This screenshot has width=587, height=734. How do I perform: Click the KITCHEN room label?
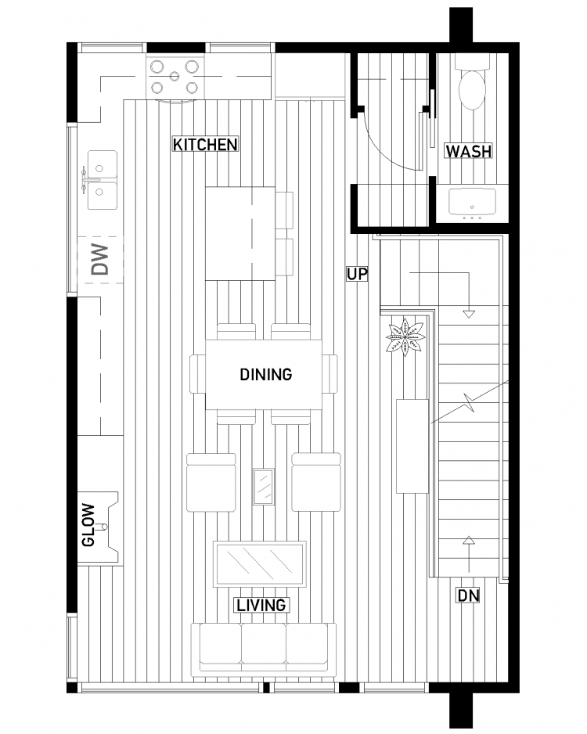click(x=205, y=144)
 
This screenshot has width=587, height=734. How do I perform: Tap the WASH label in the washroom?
click(x=468, y=151)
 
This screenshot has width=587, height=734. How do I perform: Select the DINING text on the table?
click(x=266, y=375)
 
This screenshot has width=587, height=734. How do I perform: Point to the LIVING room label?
click(x=261, y=605)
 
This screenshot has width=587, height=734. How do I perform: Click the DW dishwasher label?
click(x=99, y=259)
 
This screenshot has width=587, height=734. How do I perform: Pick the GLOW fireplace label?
click(x=88, y=525)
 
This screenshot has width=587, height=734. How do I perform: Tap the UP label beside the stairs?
click(x=357, y=274)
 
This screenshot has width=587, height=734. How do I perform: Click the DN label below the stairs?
click(x=468, y=595)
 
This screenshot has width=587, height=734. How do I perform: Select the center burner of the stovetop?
click(x=175, y=77)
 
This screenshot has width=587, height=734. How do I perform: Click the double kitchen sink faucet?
click(x=85, y=180)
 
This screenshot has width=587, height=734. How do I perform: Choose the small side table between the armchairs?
click(x=264, y=487)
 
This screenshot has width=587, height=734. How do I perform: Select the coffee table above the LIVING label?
click(x=259, y=563)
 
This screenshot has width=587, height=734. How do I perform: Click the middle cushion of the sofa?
click(x=264, y=644)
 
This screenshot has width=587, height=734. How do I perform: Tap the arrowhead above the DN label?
click(x=469, y=541)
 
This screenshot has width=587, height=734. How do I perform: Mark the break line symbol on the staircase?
click(x=469, y=401)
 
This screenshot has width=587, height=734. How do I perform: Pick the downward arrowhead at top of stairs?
click(x=469, y=314)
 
